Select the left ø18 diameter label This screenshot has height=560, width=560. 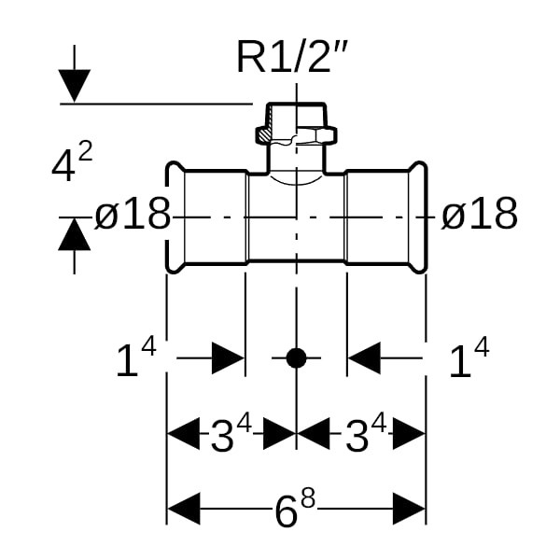coord(133,217)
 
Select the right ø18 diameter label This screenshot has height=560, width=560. coord(479,216)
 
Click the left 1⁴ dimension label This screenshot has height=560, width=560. coord(134,358)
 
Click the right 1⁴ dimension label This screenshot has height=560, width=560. coord(469,360)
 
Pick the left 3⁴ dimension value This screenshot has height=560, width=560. coord(231,434)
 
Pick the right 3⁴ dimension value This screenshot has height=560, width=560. coord(365,434)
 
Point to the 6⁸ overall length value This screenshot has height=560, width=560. coord(295,510)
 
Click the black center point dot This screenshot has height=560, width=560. coord(296,357)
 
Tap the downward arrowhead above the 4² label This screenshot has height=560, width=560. coord(75,86)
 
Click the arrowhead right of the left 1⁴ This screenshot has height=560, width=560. coord(228,357)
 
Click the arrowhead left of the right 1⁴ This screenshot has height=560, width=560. coord(365,357)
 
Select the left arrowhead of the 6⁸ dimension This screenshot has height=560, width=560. coord(183,510)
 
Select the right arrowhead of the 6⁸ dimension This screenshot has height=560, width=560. coord(410,510)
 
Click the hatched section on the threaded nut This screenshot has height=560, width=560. coord(268,137)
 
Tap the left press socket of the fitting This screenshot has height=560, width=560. coord(206,217)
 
